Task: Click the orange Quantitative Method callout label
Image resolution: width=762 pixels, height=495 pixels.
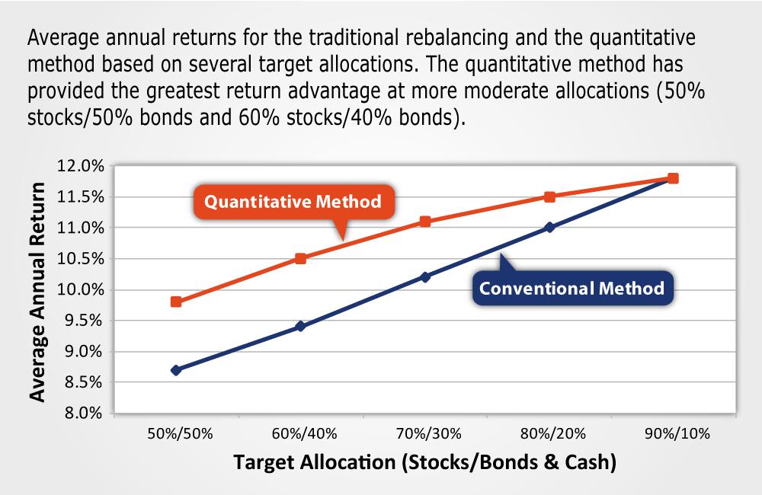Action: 293,203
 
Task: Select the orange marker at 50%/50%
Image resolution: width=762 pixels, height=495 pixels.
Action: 176,302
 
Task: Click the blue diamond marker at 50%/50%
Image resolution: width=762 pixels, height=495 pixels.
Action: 176,370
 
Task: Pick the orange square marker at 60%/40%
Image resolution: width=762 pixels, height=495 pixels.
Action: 300,258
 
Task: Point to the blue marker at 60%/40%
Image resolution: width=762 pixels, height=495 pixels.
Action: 300,326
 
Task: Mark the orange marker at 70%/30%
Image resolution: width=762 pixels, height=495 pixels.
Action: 425,222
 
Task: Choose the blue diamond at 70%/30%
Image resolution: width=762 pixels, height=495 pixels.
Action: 425,277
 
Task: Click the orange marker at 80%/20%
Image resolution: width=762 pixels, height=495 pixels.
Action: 549,196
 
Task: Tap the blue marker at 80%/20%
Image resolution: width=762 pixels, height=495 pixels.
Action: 549,227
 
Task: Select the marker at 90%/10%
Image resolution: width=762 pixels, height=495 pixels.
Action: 673,178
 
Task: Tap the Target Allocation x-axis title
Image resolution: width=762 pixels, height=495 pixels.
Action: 424,463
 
